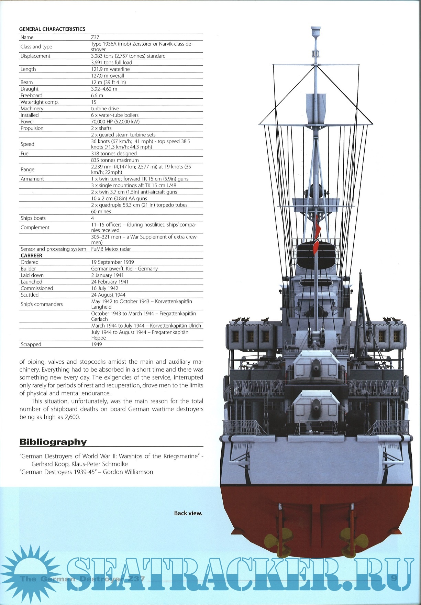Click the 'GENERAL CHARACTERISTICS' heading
(52, 29)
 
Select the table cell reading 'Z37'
(95, 37)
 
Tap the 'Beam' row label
(27, 82)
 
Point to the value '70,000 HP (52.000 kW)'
(115, 122)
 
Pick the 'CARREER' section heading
(31, 256)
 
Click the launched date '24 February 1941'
(110, 282)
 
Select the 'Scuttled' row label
(30, 295)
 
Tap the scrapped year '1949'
(97, 344)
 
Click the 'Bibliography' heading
(53, 442)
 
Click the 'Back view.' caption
(188, 513)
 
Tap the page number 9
(394, 579)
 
